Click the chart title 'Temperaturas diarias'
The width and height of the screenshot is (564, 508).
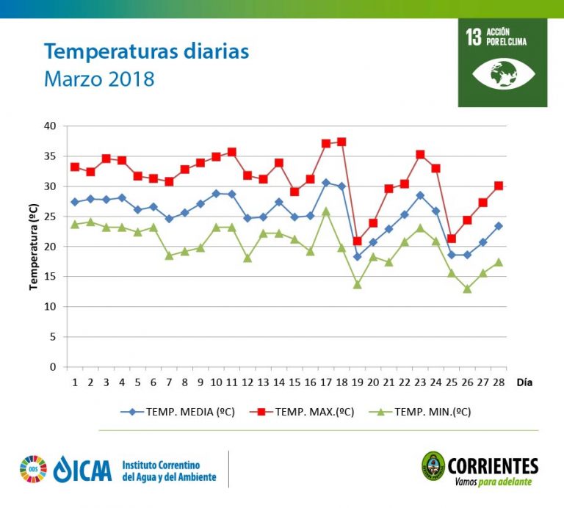coord(146,52)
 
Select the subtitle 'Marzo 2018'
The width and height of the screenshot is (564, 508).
coord(99,79)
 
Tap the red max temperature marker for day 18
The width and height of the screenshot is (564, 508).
coord(341,142)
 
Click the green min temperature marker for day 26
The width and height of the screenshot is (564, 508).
coord(467,289)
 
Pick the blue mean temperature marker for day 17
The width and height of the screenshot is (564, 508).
coord(325,183)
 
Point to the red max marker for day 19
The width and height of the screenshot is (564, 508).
coord(357,241)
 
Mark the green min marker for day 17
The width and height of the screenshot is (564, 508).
coord(325,211)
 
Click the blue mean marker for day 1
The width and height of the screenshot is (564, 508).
coord(74,202)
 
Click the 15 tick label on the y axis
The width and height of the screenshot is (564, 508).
coord(51,277)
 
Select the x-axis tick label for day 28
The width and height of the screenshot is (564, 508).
coord(499,382)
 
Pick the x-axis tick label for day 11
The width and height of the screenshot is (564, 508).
coord(231,382)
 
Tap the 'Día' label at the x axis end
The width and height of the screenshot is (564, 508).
coord(524,382)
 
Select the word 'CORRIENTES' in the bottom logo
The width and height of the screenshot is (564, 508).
coord(493,466)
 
